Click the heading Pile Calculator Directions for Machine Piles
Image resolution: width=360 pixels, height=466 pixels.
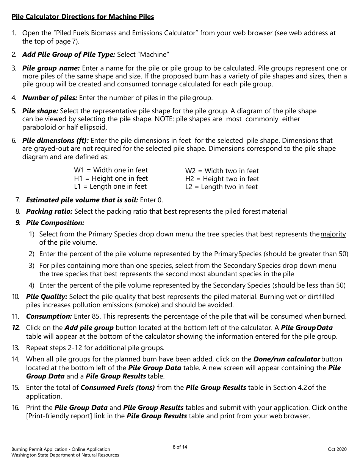point(83,17)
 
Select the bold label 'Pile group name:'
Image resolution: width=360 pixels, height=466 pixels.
point(51,68)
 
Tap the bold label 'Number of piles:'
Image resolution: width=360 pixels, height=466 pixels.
point(50,98)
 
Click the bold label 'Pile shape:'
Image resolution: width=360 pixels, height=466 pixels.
point(40,111)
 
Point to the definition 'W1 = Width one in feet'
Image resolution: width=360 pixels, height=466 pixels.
point(111,170)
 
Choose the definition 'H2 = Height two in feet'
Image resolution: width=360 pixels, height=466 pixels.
point(222,179)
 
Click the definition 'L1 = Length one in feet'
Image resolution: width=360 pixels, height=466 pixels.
point(110,186)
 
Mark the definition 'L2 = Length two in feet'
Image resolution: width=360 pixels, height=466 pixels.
point(221,187)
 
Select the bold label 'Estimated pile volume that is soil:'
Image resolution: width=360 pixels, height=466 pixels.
point(82,200)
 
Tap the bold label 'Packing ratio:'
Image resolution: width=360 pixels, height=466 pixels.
point(49,211)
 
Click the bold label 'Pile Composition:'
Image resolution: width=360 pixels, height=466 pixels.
point(55,223)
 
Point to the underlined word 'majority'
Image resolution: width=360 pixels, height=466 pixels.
point(333,234)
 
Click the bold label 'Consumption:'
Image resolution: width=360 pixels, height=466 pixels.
point(49,316)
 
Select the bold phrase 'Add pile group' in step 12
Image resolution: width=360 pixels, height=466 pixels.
point(89,327)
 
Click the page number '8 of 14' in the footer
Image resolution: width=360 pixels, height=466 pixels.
point(180,447)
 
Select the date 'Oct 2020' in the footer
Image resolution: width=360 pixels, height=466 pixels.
point(337,449)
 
